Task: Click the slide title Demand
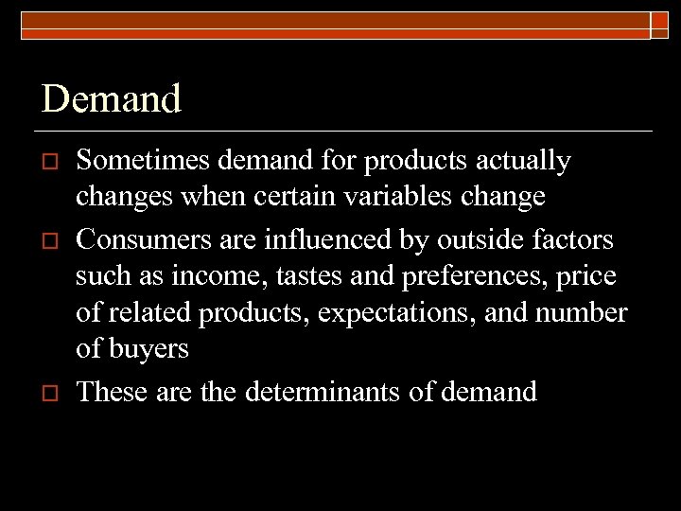coord(111,98)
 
